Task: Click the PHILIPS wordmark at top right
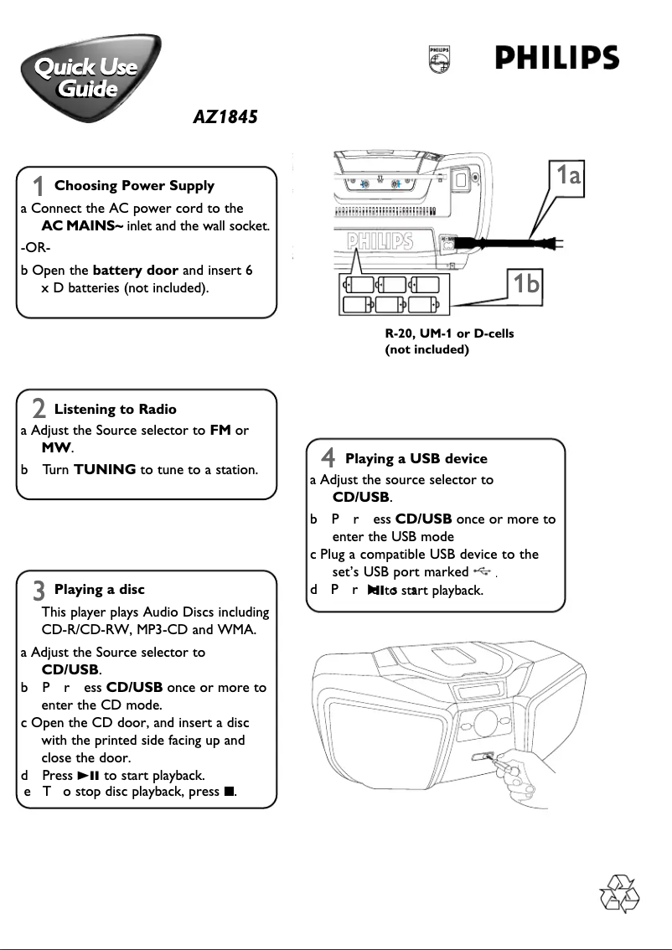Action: click(556, 59)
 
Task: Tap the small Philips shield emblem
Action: click(438, 59)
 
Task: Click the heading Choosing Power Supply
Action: click(134, 186)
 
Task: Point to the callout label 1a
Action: click(569, 175)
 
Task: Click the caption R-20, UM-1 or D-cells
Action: click(449, 333)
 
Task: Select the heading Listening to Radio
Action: click(115, 409)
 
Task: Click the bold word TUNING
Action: click(105, 469)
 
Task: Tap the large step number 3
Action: click(39, 591)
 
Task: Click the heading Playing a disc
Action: click(99, 590)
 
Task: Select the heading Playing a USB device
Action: click(416, 458)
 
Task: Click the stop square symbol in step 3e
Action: click(228, 792)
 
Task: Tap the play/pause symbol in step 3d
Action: click(88, 775)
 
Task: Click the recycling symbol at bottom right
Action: click(621, 894)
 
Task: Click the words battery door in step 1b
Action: click(135, 271)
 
